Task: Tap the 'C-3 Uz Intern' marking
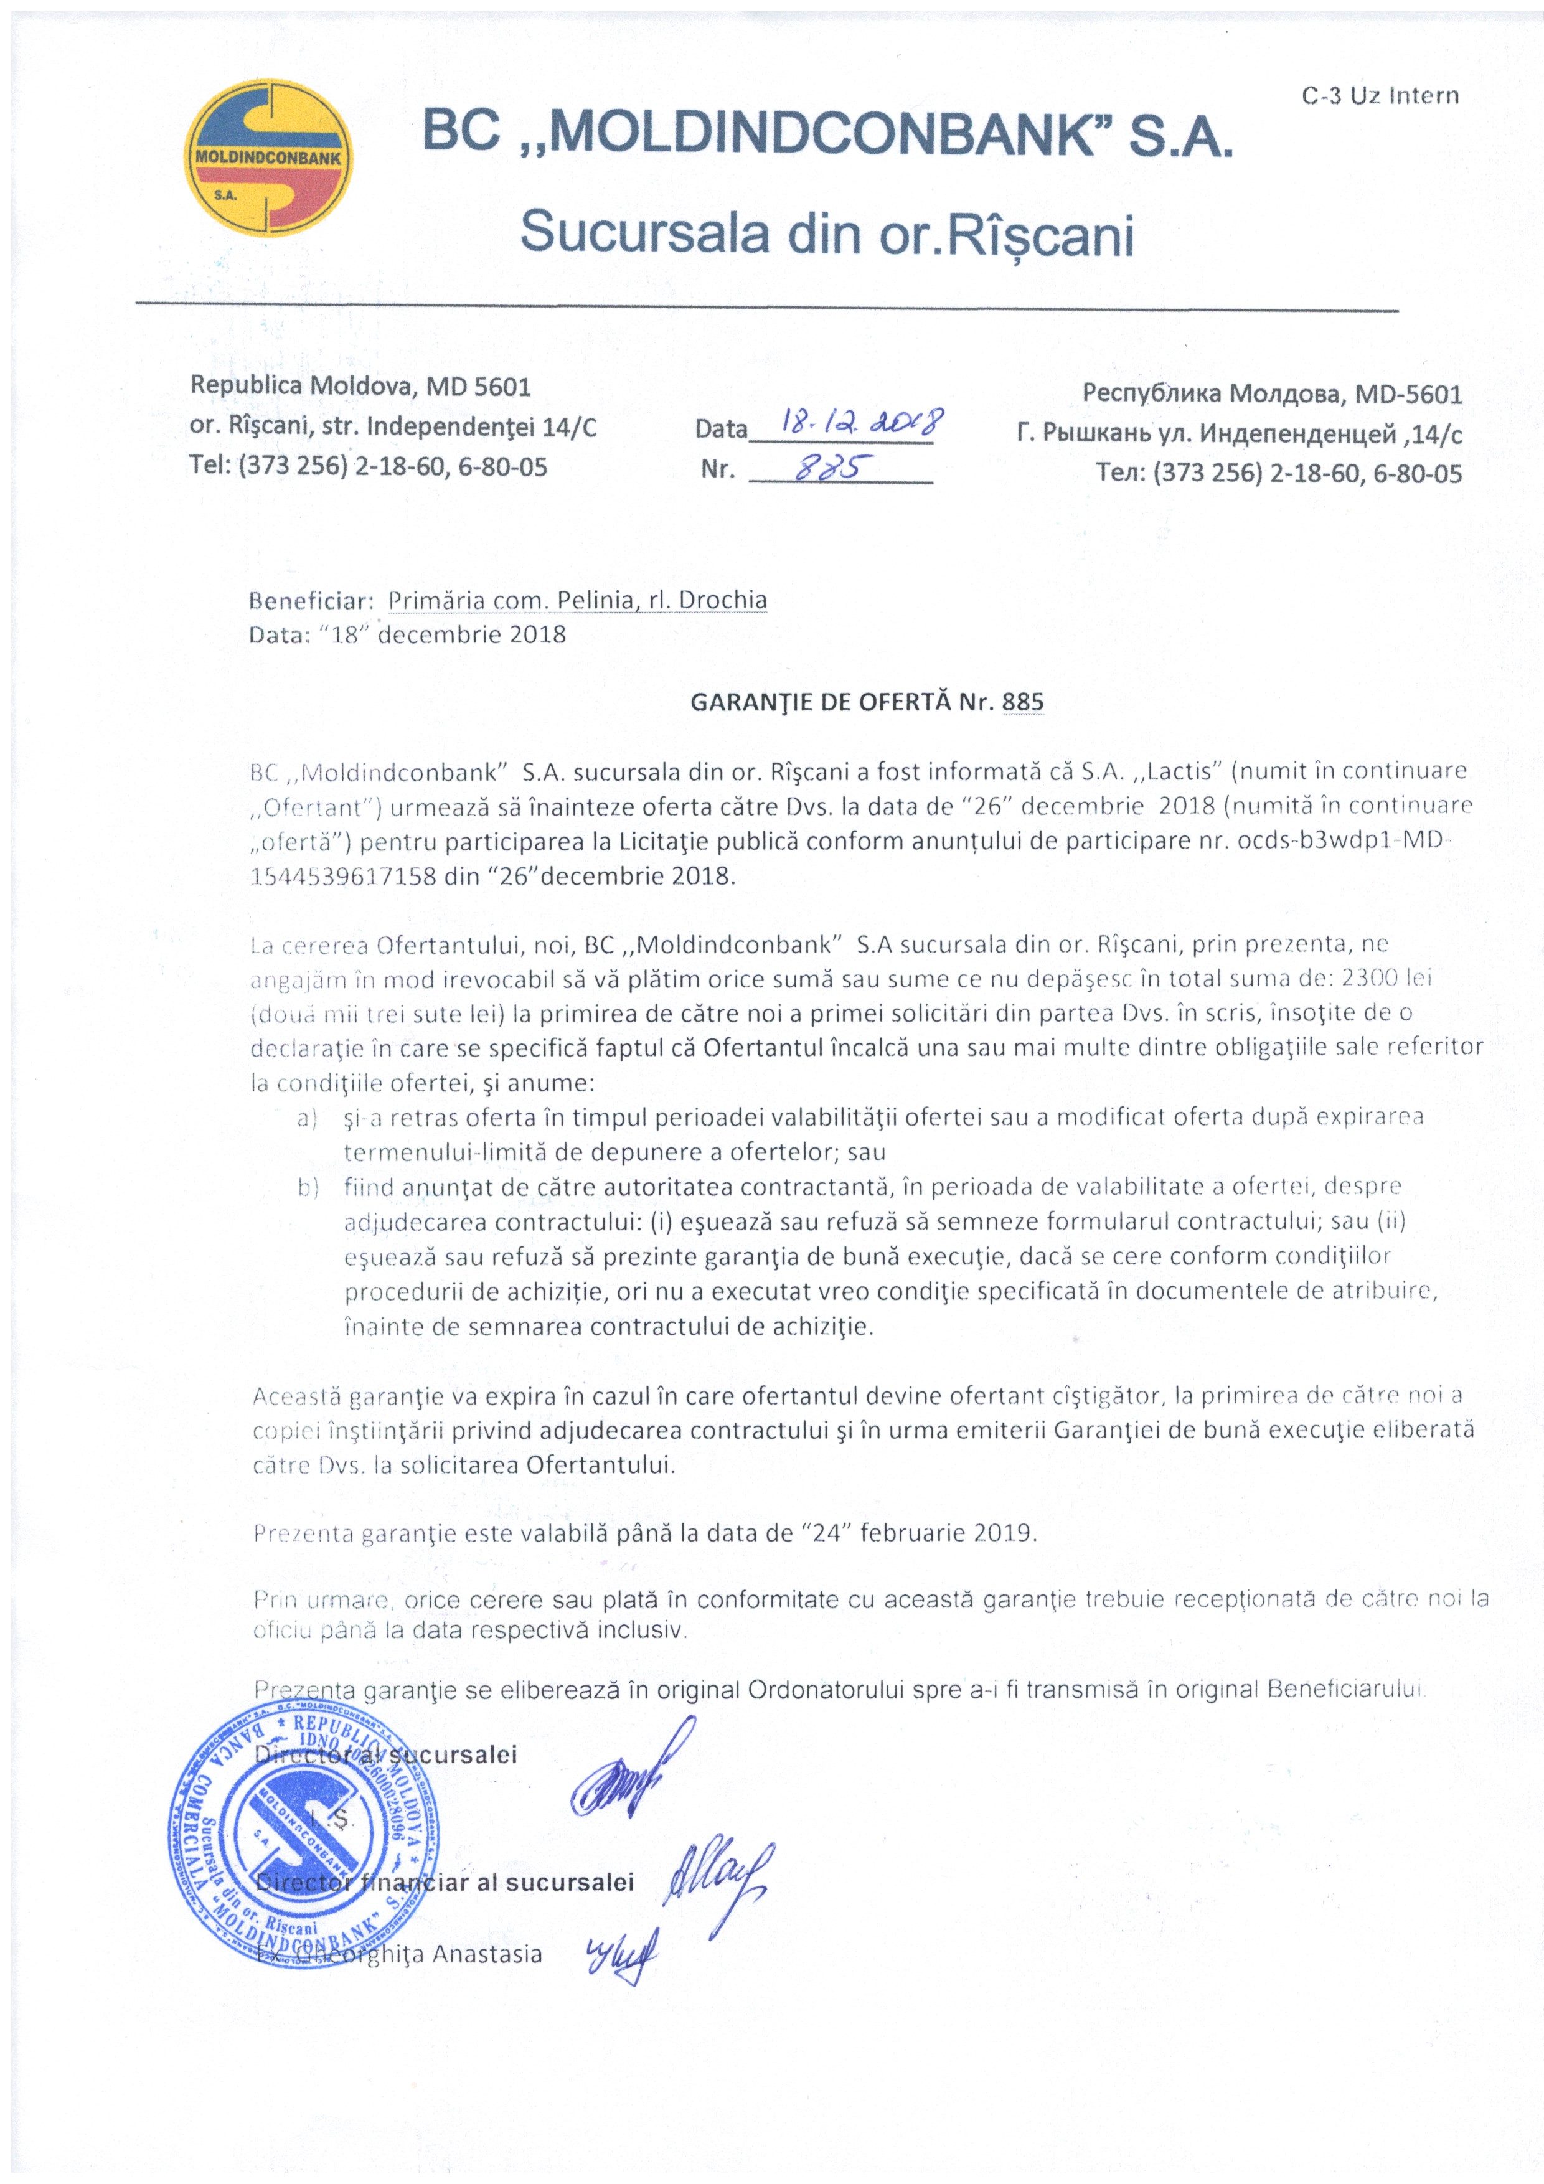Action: click(1380, 96)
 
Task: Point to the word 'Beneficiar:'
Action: click(310, 601)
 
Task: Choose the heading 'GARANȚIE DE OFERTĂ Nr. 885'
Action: click(866, 702)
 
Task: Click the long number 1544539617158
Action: click(342, 876)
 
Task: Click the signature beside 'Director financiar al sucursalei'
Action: click(715, 1879)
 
